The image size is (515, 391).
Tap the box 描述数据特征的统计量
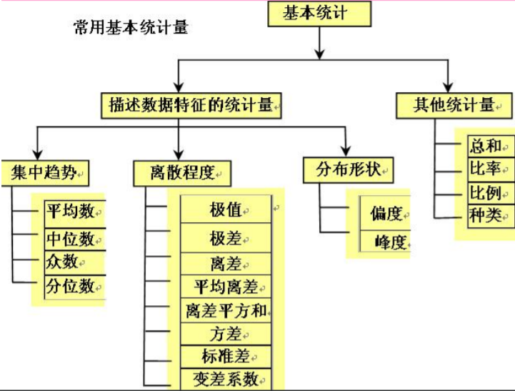click(191, 105)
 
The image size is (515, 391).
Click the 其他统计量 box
click(454, 105)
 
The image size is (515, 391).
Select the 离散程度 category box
click(182, 172)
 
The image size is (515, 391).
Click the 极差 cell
click(226, 237)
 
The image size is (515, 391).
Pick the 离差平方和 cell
click(226, 311)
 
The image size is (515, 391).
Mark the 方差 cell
click(226, 333)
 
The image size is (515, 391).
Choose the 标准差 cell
click(226, 355)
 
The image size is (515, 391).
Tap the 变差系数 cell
click(226, 378)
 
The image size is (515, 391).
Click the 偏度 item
click(386, 214)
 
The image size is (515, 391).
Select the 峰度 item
click(386, 242)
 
